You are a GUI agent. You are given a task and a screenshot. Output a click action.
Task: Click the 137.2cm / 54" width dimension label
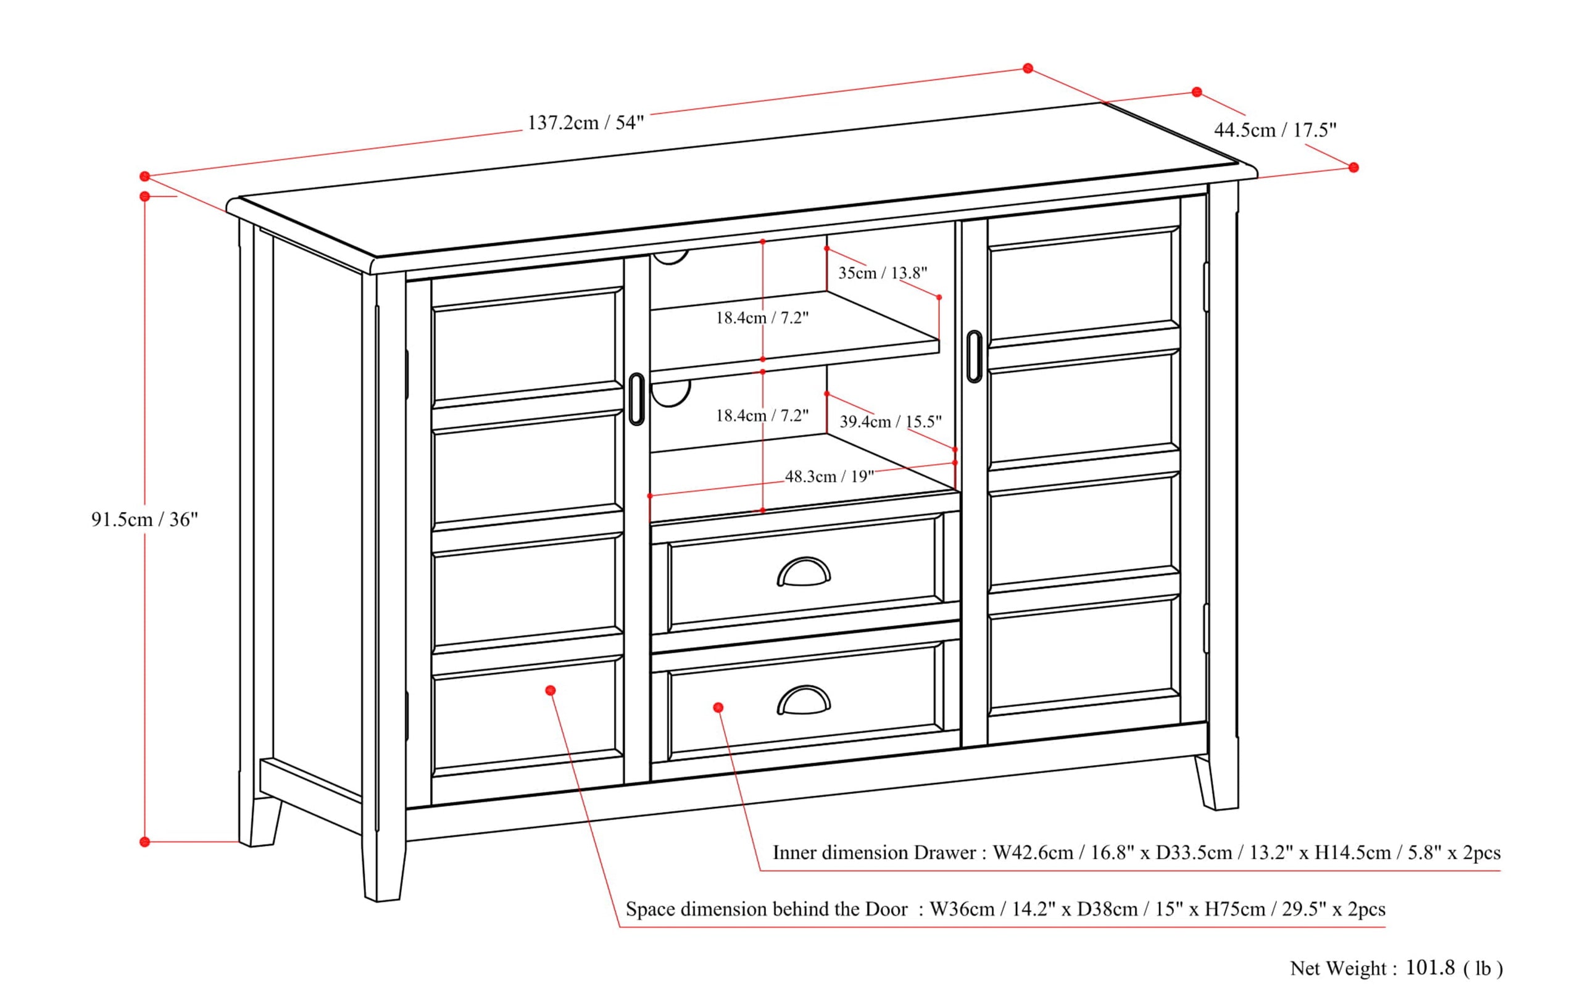click(586, 123)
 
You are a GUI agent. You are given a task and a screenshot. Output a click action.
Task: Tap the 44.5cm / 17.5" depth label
click(1274, 130)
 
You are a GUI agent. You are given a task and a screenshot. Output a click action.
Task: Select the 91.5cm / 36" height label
click(144, 519)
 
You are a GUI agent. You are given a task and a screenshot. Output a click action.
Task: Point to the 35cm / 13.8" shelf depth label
click(882, 273)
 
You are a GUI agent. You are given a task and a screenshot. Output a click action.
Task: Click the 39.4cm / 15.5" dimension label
click(890, 421)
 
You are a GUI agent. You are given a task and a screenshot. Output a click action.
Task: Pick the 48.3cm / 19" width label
click(829, 476)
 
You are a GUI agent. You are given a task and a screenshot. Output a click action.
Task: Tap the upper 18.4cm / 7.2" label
click(762, 318)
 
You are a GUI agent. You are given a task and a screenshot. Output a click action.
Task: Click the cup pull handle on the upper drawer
click(804, 573)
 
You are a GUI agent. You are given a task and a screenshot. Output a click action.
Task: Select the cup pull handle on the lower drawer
click(804, 700)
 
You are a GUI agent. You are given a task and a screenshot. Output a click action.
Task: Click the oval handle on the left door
click(636, 399)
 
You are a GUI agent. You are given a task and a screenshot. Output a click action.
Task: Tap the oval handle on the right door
click(973, 357)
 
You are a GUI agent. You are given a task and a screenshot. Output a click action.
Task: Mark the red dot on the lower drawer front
click(718, 708)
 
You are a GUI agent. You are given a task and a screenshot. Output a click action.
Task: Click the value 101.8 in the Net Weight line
click(1430, 967)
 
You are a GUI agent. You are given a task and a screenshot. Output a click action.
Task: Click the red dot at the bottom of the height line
click(144, 842)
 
